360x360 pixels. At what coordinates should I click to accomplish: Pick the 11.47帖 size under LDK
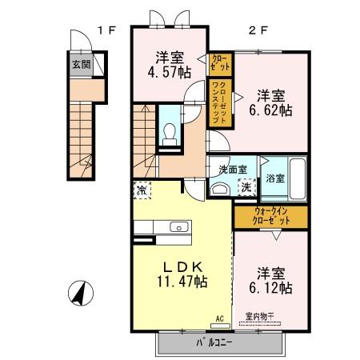(182, 282)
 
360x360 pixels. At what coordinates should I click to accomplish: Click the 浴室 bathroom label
(275, 178)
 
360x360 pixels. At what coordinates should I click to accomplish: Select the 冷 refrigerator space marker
(142, 191)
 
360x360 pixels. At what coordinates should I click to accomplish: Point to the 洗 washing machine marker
(247, 186)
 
